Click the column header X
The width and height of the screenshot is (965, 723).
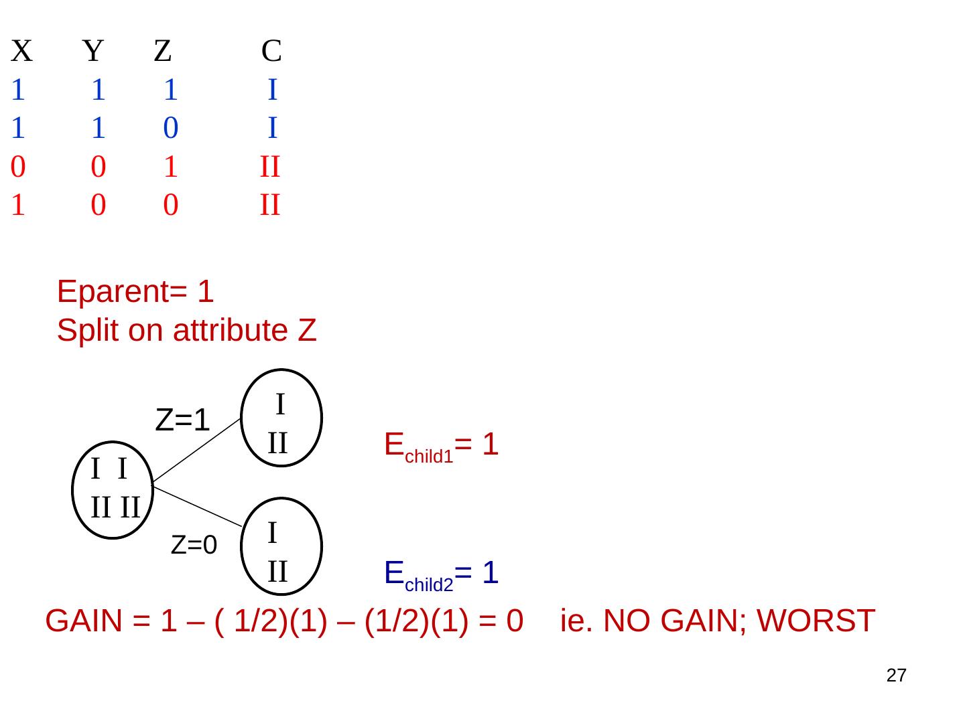click(x=21, y=51)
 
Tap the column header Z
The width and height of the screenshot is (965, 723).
click(x=163, y=51)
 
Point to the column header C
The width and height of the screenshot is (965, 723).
click(x=271, y=51)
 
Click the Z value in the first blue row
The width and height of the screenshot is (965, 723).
click(x=170, y=90)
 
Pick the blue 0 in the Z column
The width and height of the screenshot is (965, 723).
click(x=170, y=128)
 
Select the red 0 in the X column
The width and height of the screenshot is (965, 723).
click(x=18, y=167)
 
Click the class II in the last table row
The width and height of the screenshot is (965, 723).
click(x=269, y=205)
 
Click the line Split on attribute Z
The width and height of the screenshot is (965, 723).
click(x=186, y=330)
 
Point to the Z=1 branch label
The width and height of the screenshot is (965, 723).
click(x=182, y=420)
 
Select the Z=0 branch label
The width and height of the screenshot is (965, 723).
click(x=194, y=546)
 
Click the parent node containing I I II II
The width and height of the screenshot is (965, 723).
click(x=113, y=490)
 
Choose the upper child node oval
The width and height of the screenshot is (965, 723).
click(x=281, y=418)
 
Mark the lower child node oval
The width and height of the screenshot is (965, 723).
click(x=281, y=547)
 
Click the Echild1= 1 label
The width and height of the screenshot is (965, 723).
click(x=441, y=446)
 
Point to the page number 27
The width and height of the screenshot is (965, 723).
click(x=896, y=675)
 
